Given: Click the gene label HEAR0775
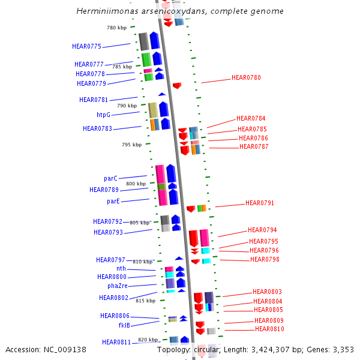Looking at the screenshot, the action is pyautogui.click(x=86, y=46).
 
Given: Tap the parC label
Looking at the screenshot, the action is pyautogui.click(x=110, y=178).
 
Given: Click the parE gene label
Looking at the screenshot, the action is pyautogui.click(x=113, y=201).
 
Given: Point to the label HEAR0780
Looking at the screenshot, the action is pyautogui.click(x=246, y=77).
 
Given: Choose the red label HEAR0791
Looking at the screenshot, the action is pyautogui.click(x=259, y=203).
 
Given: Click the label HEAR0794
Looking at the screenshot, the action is pyautogui.click(x=262, y=230).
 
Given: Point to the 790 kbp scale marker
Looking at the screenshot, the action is pyautogui.click(x=127, y=106).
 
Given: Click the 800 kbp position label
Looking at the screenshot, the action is pyautogui.click(x=136, y=184).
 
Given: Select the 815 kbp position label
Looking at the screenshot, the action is pyautogui.click(x=145, y=301).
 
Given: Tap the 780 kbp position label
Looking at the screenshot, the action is pyautogui.click(x=116, y=28).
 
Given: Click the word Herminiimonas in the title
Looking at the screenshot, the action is pyautogui.click(x=103, y=11).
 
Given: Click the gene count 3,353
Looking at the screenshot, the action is pyautogui.click(x=342, y=349).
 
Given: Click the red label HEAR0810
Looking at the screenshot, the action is pyautogui.click(x=269, y=329).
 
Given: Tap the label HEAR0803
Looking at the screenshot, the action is pyautogui.click(x=267, y=292).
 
